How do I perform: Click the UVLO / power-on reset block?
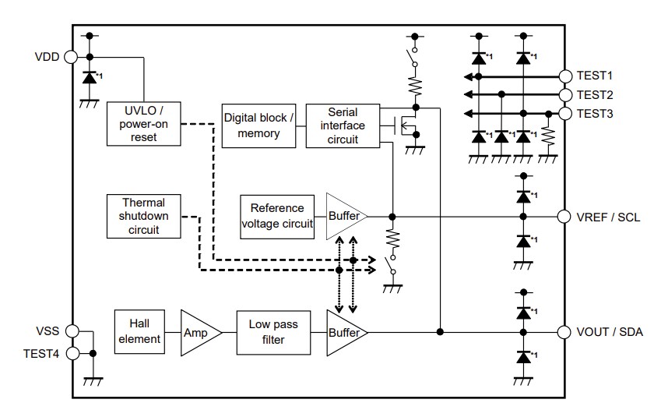[143, 123]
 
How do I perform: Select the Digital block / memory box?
[258, 125]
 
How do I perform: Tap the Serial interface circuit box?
[343, 125]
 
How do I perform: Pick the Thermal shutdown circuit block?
[143, 216]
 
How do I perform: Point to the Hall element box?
[140, 331]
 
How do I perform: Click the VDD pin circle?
[72, 57]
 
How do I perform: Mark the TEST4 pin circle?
[72, 353]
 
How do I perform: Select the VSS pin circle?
[72, 330]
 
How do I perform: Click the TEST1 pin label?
[595, 76]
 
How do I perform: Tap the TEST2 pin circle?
[565, 94]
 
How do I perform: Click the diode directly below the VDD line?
[90, 77]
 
